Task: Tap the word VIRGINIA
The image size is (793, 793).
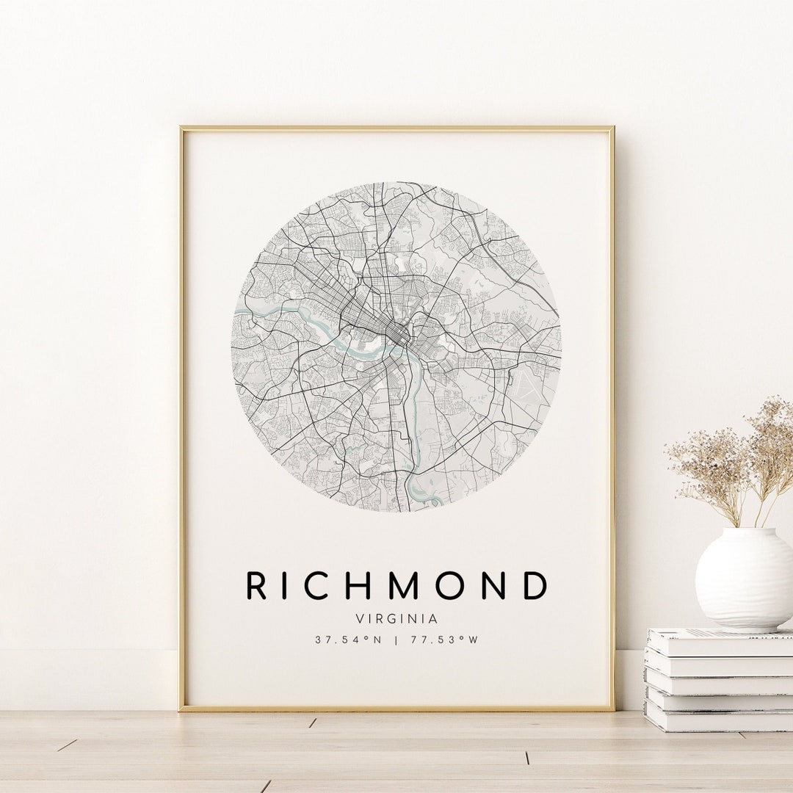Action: pos(396,619)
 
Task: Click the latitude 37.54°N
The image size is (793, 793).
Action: pos(349,640)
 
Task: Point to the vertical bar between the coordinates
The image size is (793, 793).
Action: pos(396,640)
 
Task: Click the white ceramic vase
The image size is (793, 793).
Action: pos(743,580)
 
